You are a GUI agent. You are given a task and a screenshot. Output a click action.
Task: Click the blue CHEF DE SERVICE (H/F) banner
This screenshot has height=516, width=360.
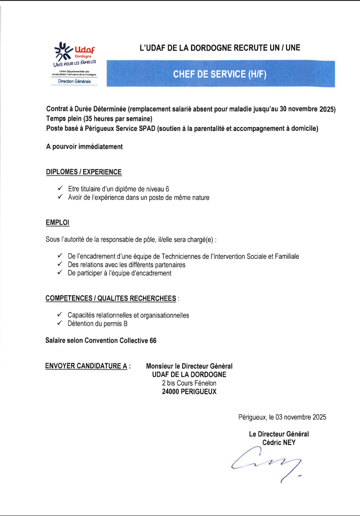coord(219,74)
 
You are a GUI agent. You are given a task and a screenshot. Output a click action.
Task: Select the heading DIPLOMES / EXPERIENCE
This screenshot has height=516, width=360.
coord(84,172)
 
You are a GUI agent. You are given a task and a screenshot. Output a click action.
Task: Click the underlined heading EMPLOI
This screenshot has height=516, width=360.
coord(58,222)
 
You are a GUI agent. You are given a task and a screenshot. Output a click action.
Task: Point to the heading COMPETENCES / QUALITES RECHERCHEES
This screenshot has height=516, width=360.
coord(111,299)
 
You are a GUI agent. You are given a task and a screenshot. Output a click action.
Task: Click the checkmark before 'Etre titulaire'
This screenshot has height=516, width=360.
coord(60,189)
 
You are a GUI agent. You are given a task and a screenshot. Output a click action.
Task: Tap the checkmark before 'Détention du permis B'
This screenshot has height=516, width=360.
coord(60,323)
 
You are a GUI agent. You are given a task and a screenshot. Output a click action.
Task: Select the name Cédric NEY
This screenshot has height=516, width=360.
coord(279,442)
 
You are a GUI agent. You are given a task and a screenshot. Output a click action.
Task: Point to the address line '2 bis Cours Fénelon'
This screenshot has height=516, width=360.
coord(189,383)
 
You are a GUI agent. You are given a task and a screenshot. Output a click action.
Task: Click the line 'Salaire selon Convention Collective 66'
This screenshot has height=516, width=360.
coord(101,341)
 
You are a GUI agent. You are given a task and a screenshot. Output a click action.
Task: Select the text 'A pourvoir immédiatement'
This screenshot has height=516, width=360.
coord(84,146)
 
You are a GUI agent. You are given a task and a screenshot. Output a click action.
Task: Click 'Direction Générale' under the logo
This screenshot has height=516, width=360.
coord(74,82)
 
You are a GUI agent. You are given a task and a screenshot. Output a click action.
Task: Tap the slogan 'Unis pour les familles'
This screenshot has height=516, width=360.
coord(75,63)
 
